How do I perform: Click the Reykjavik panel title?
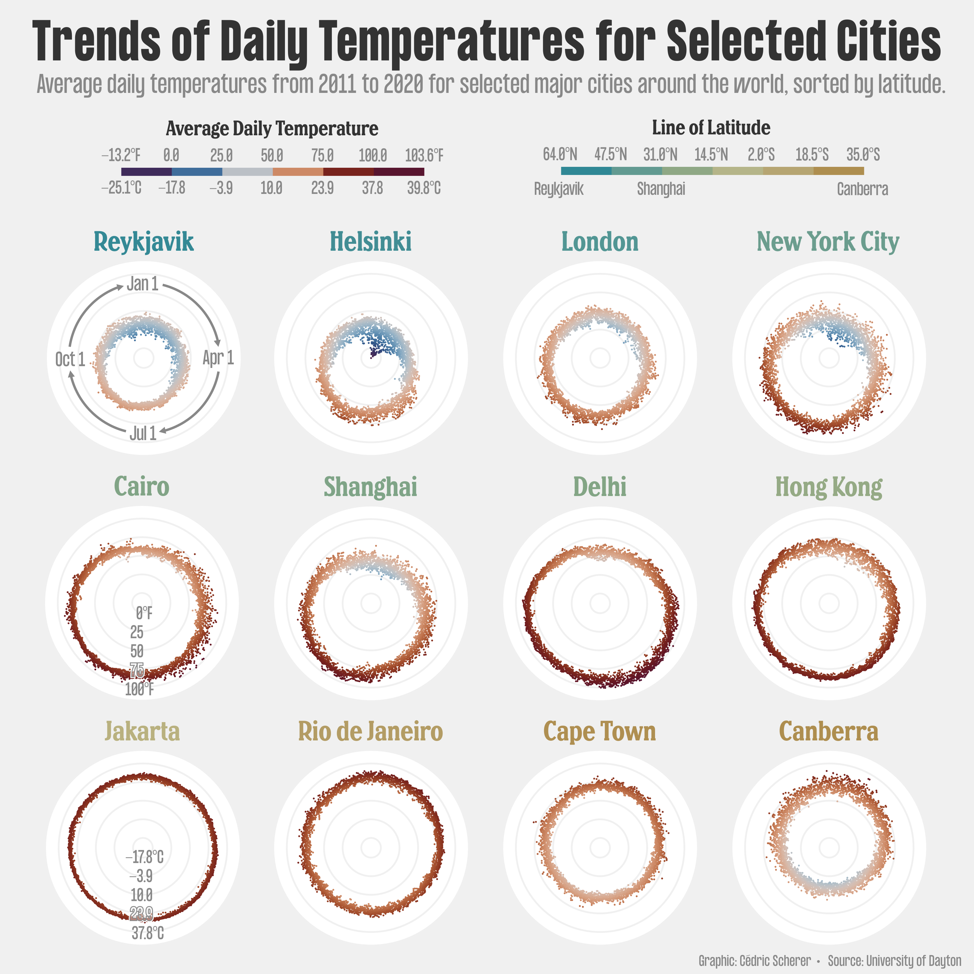tap(144, 242)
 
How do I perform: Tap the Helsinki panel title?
tap(371, 242)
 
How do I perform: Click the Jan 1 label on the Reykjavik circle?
tap(143, 284)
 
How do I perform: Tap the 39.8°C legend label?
tap(424, 188)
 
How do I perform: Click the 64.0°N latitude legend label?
tap(560, 154)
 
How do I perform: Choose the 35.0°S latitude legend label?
tap(863, 154)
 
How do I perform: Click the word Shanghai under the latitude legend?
tap(661, 189)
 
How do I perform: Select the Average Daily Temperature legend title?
tap(272, 129)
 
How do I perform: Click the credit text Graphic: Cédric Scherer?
tap(755, 961)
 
